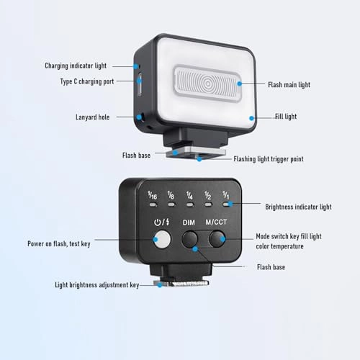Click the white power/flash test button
point(162,240)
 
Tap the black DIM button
point(189,239)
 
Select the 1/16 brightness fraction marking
point(152,195)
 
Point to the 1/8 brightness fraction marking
point(171,195)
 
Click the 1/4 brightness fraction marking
point(189,195)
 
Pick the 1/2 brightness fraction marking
point(208,195)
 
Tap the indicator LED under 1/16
point(153,205)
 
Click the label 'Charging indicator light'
point(76,66)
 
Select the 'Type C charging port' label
point(87,81)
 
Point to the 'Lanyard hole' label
point(93,117)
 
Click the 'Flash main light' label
point(289,85)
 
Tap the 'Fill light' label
point(286,117)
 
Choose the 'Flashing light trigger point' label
point(269,159)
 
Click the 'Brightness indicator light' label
point(298,207)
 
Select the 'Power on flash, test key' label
point(59,244)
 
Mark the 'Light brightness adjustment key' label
point(97,285)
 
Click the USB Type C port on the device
point(140,84)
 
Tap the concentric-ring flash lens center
point(208,84)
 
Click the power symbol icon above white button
point(158,222)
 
